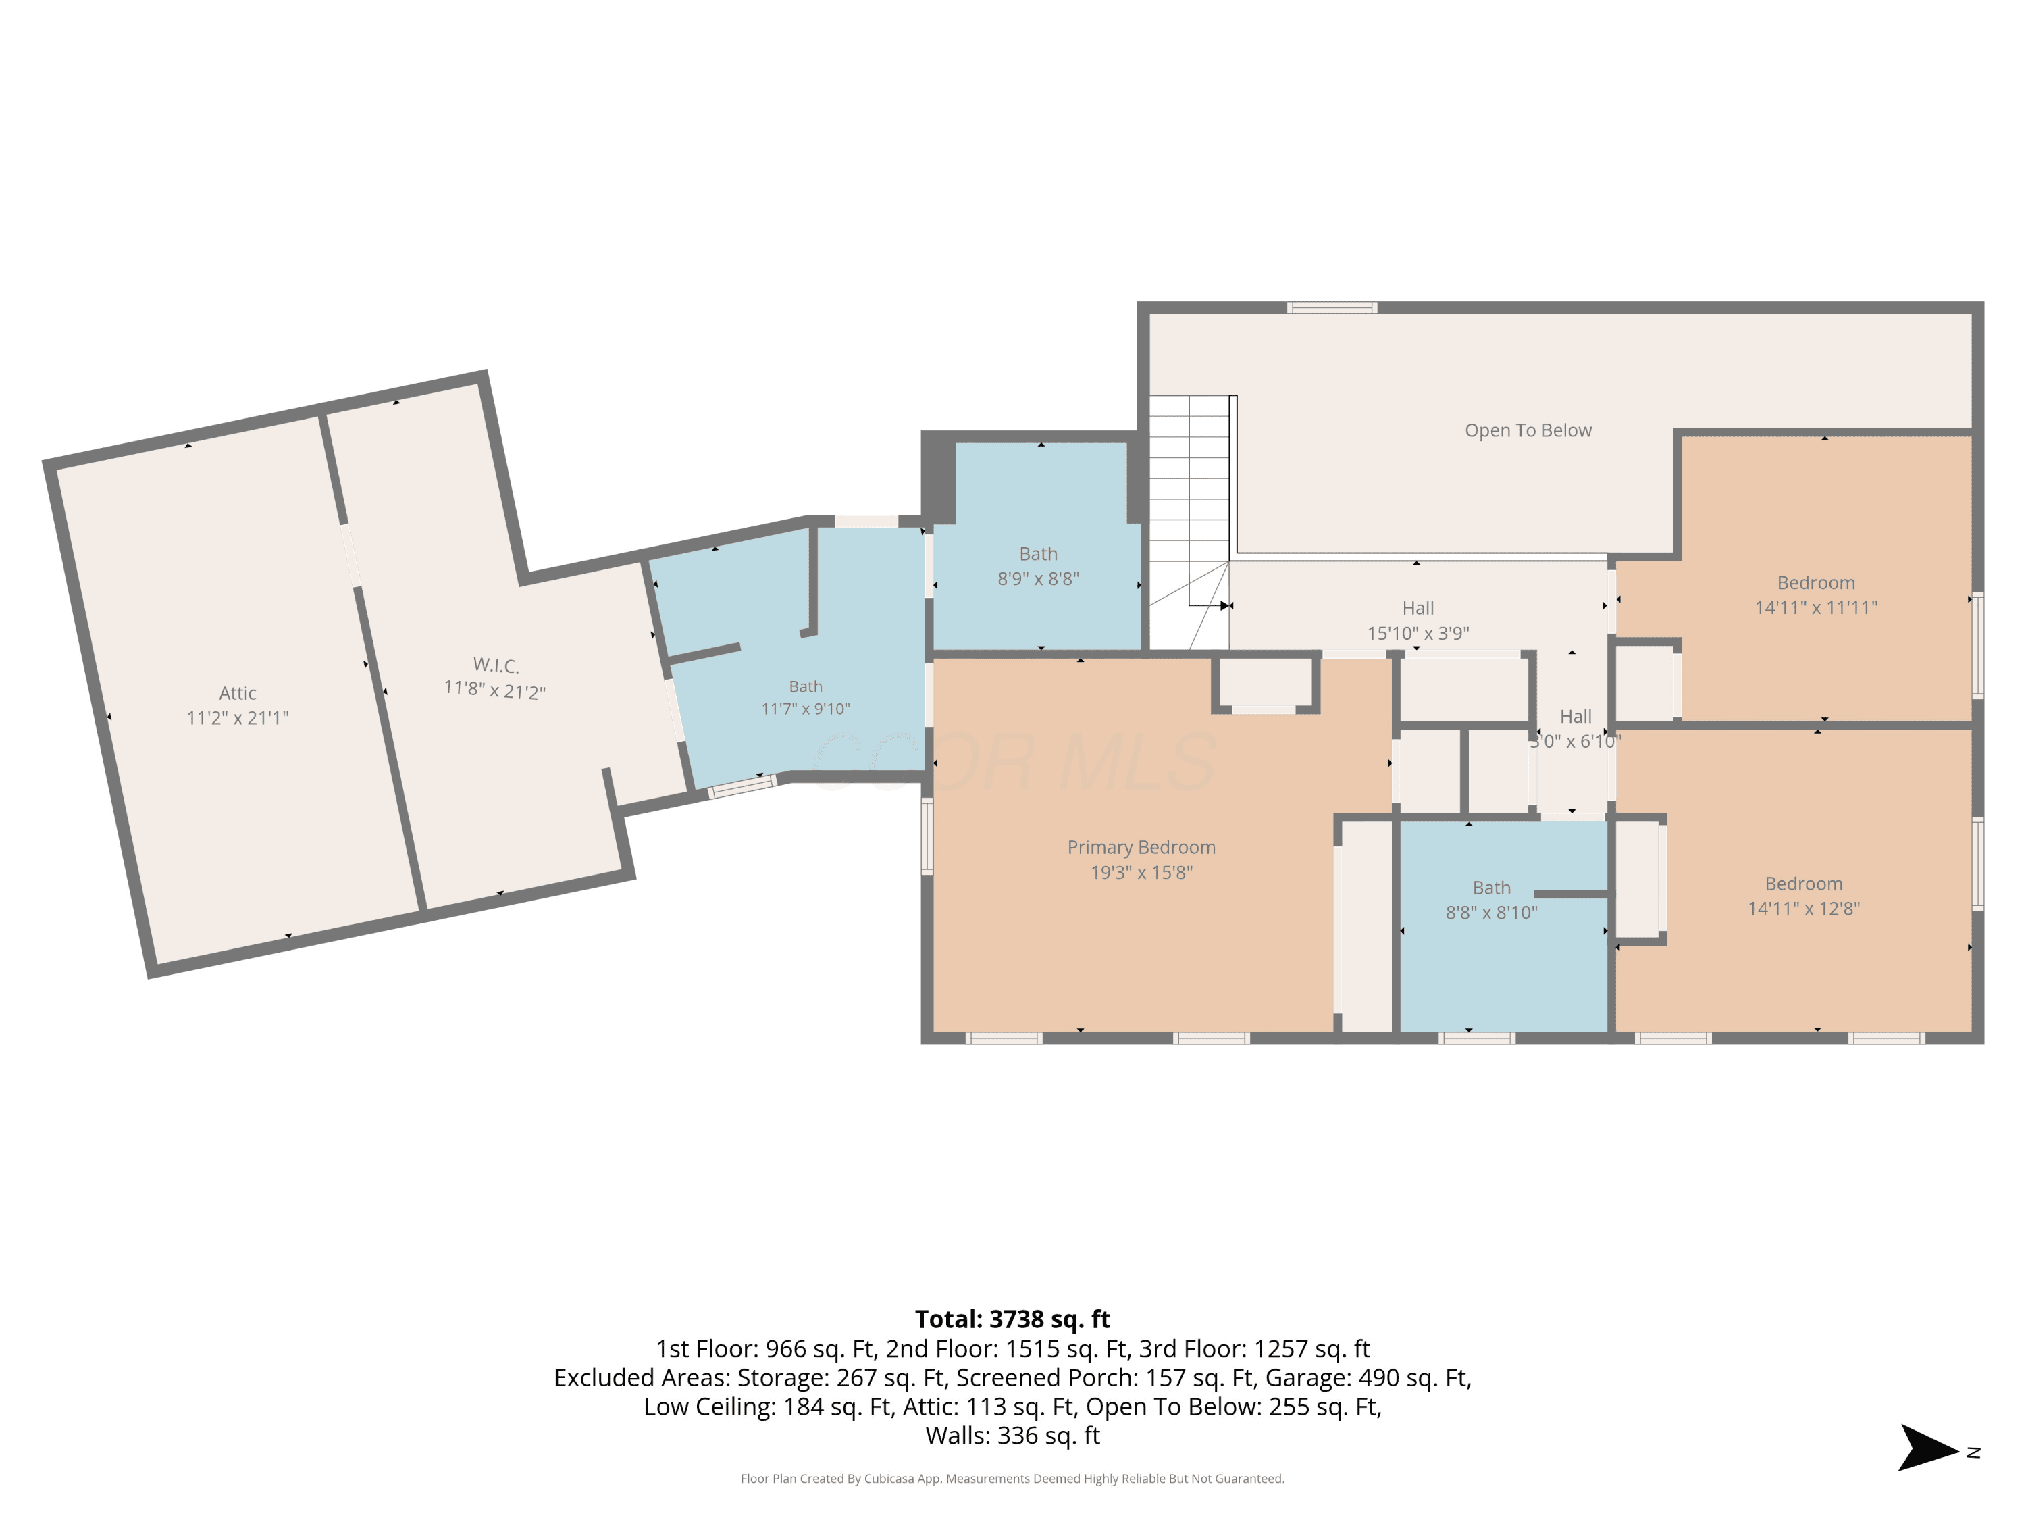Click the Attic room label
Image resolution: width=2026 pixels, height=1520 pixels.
237,694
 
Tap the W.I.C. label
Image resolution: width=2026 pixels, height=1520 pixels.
496,665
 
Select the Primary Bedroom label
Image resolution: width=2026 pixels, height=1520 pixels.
1141,848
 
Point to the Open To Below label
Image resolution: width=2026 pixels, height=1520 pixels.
1528,430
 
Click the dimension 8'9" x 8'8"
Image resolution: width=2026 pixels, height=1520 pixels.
1039,579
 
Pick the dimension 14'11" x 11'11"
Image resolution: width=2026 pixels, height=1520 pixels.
1816,607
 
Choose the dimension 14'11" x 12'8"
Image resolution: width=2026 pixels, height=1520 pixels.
1803,909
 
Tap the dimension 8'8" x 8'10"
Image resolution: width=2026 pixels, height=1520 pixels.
1491,913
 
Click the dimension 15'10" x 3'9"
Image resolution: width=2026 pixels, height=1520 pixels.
1418,633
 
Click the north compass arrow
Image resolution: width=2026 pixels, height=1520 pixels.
1927,1448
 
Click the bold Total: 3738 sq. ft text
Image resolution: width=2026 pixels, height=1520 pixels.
1012,1319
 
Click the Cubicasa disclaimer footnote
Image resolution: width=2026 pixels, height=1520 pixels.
1012,1479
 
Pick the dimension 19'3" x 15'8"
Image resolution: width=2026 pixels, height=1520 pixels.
1141,873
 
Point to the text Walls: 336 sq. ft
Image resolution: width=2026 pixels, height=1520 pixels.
1012,1436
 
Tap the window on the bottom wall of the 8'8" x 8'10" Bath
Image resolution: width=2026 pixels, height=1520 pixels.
1476,1038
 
